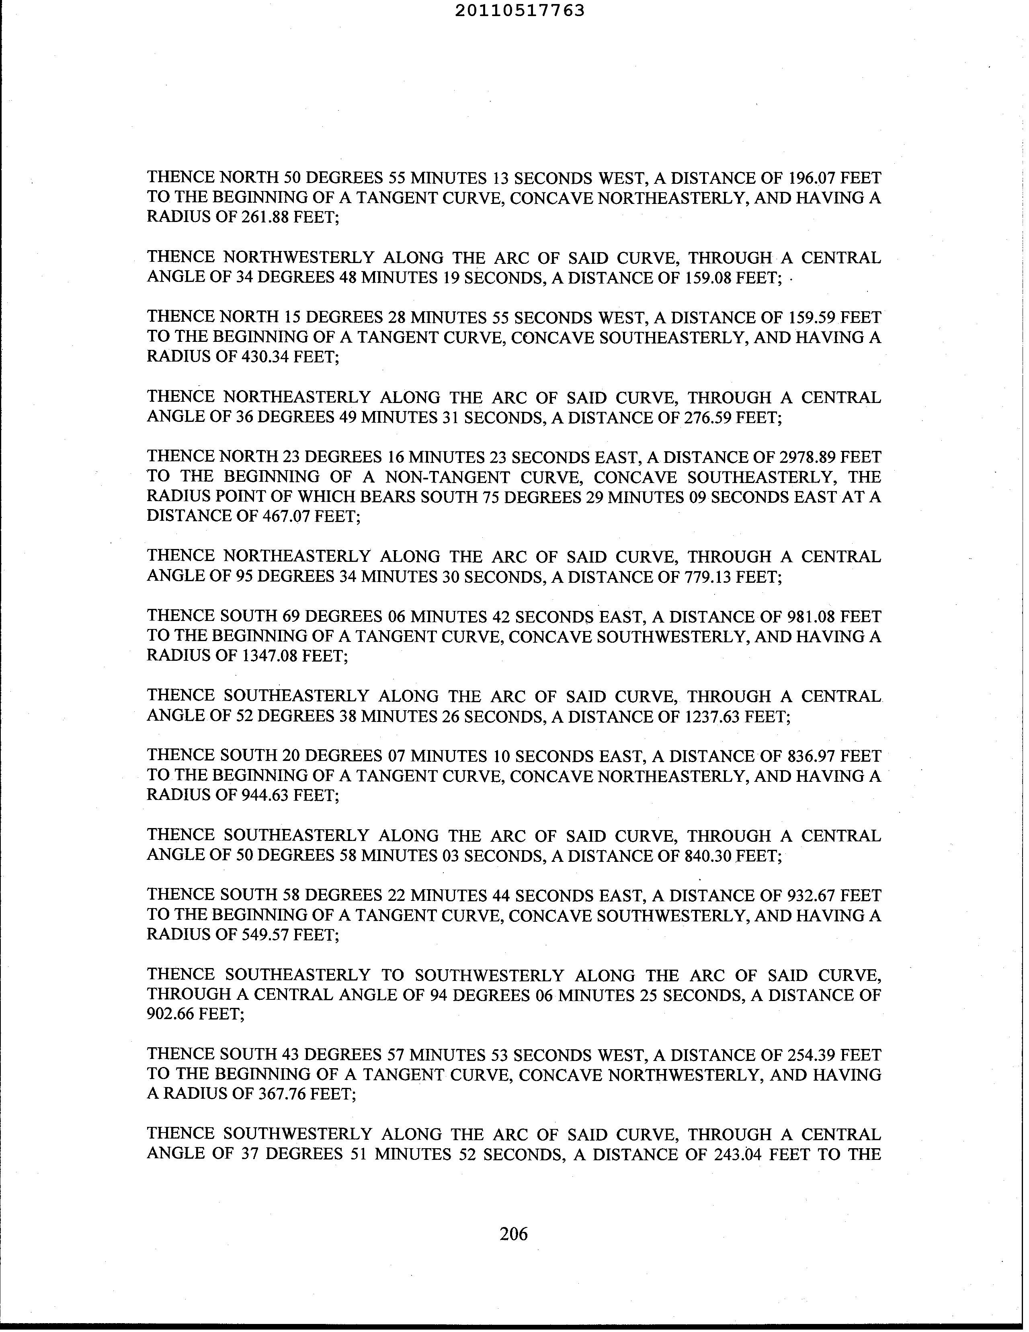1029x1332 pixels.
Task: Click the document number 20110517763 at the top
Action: tap(520, 10)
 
